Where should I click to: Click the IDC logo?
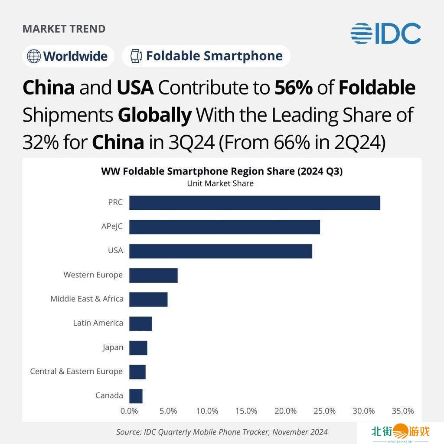tap(385, 34)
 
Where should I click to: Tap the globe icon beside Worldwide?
tap(33, 56)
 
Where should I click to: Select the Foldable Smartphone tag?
tap(206, 56)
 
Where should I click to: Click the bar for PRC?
tap(255, 203)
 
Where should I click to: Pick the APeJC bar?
tap(225, 227)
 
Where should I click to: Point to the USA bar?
tap(221, 251)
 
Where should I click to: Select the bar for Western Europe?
tap(153, 275)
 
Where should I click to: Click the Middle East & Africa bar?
tap(148, 300)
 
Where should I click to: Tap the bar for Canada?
tap(136, 396)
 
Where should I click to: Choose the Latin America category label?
tap(98, 323)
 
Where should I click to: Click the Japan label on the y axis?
tap(113, 347)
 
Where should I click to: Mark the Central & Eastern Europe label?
tap(76, 372)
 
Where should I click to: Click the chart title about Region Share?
tap(222, 171)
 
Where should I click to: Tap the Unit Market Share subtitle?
tap(220, 183)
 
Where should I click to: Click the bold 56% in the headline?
tap(294, 88)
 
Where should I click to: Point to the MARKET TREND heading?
tap(64, 29)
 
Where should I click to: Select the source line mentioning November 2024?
tap(222, 432)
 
